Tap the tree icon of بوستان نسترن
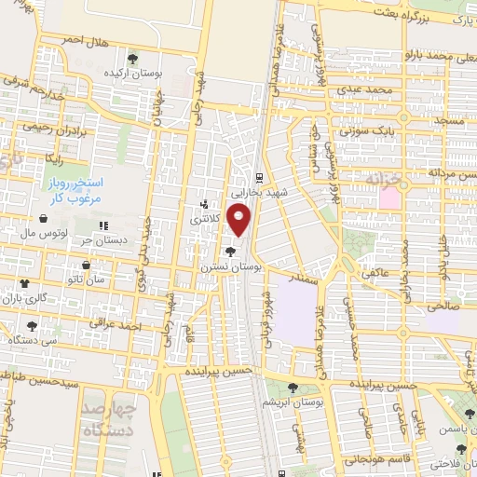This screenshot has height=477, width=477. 230,252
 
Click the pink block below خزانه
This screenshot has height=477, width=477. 388,198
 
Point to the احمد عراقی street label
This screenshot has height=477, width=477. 120,327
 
